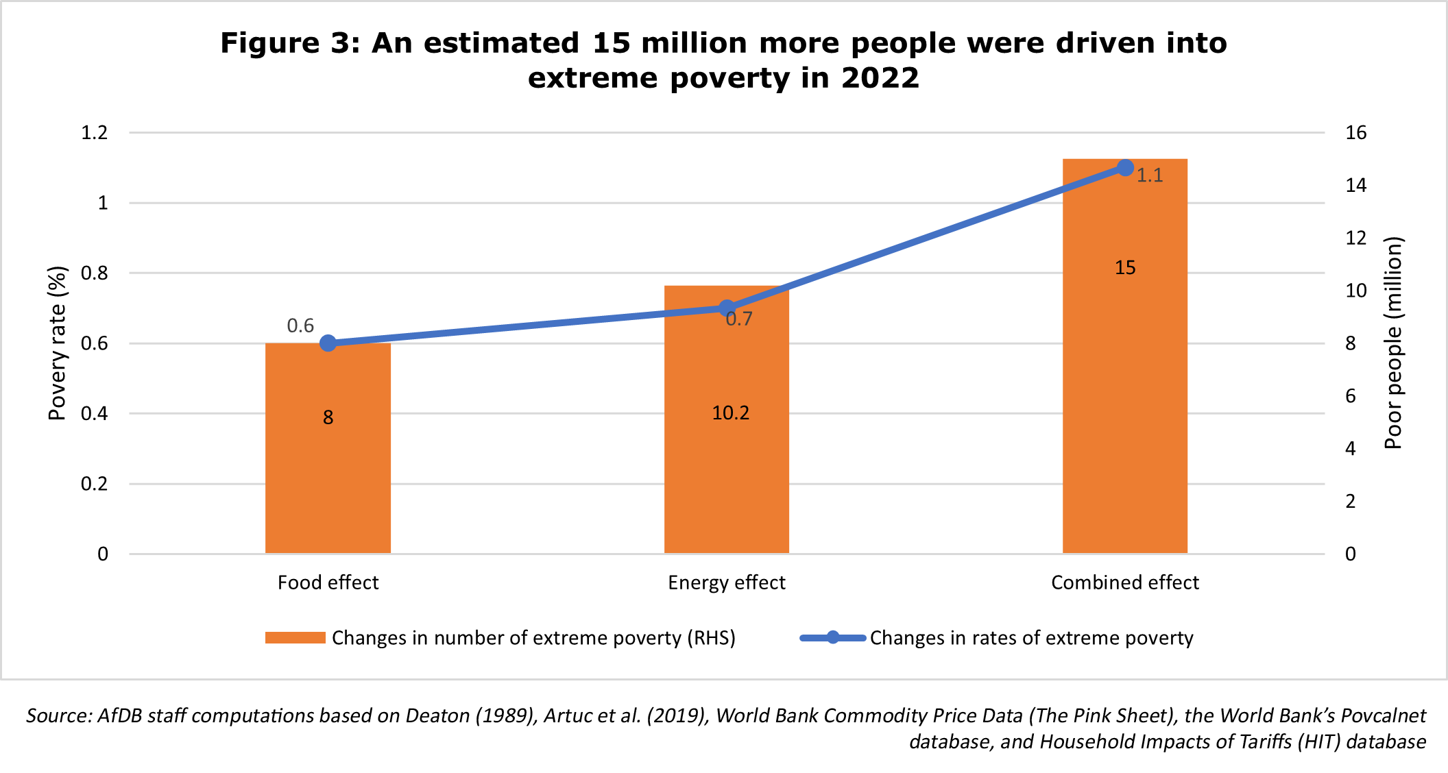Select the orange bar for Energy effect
pos(727,466)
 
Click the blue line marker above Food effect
pos(328,343)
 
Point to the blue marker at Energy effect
pos(727,308)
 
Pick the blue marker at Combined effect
pos(1125,168)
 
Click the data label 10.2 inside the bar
pos(731,413)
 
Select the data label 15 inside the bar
pos(1125,268)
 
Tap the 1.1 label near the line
pos(1150,176)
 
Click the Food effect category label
pos(328,582)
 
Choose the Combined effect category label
pos(1125,582)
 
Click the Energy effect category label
pos(727,582)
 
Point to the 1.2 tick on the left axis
pos(95,132)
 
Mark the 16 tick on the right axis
pos(1355,132)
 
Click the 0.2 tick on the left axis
pos(95,484)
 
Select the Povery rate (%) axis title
pos(58,343)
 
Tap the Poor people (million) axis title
pos(1393,343)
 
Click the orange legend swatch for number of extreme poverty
pos(295,638)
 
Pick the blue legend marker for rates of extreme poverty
pos(833,638)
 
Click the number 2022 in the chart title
pos(880,78)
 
